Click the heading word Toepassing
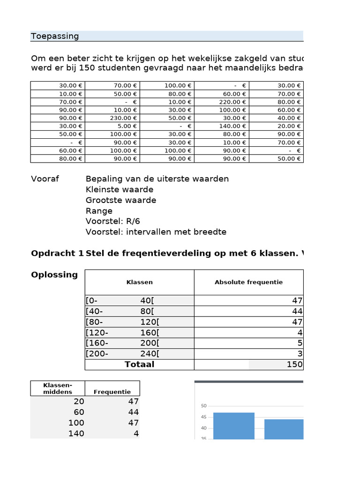coord(55,36)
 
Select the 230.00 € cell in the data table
coord(123,118)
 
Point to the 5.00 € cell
coord(127,126)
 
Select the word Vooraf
coord(45,179)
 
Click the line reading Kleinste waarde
coord(120,189)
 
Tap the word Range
coord(99,211)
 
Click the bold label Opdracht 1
coord(57,254)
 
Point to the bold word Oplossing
coord(54,275)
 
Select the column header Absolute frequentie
coord(248,282)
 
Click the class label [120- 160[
coord(122,333)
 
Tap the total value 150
coord(294,365)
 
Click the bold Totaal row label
coord(139,364)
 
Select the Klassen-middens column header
coord(58,388)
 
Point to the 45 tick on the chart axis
coord(203,417)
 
